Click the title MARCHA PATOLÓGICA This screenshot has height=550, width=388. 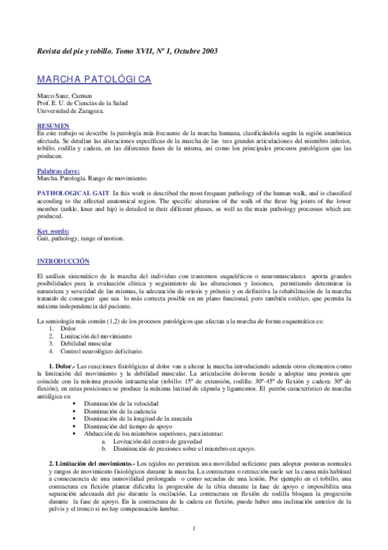tap(95, 79)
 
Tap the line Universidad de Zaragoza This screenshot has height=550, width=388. tap(70, 110)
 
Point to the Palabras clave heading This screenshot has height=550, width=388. tap(63, 171)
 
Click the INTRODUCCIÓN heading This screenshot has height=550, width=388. tap(63, 260)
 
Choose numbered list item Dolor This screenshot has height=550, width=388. tap(69, 329)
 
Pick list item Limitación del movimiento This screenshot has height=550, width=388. tap(97, 336)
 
